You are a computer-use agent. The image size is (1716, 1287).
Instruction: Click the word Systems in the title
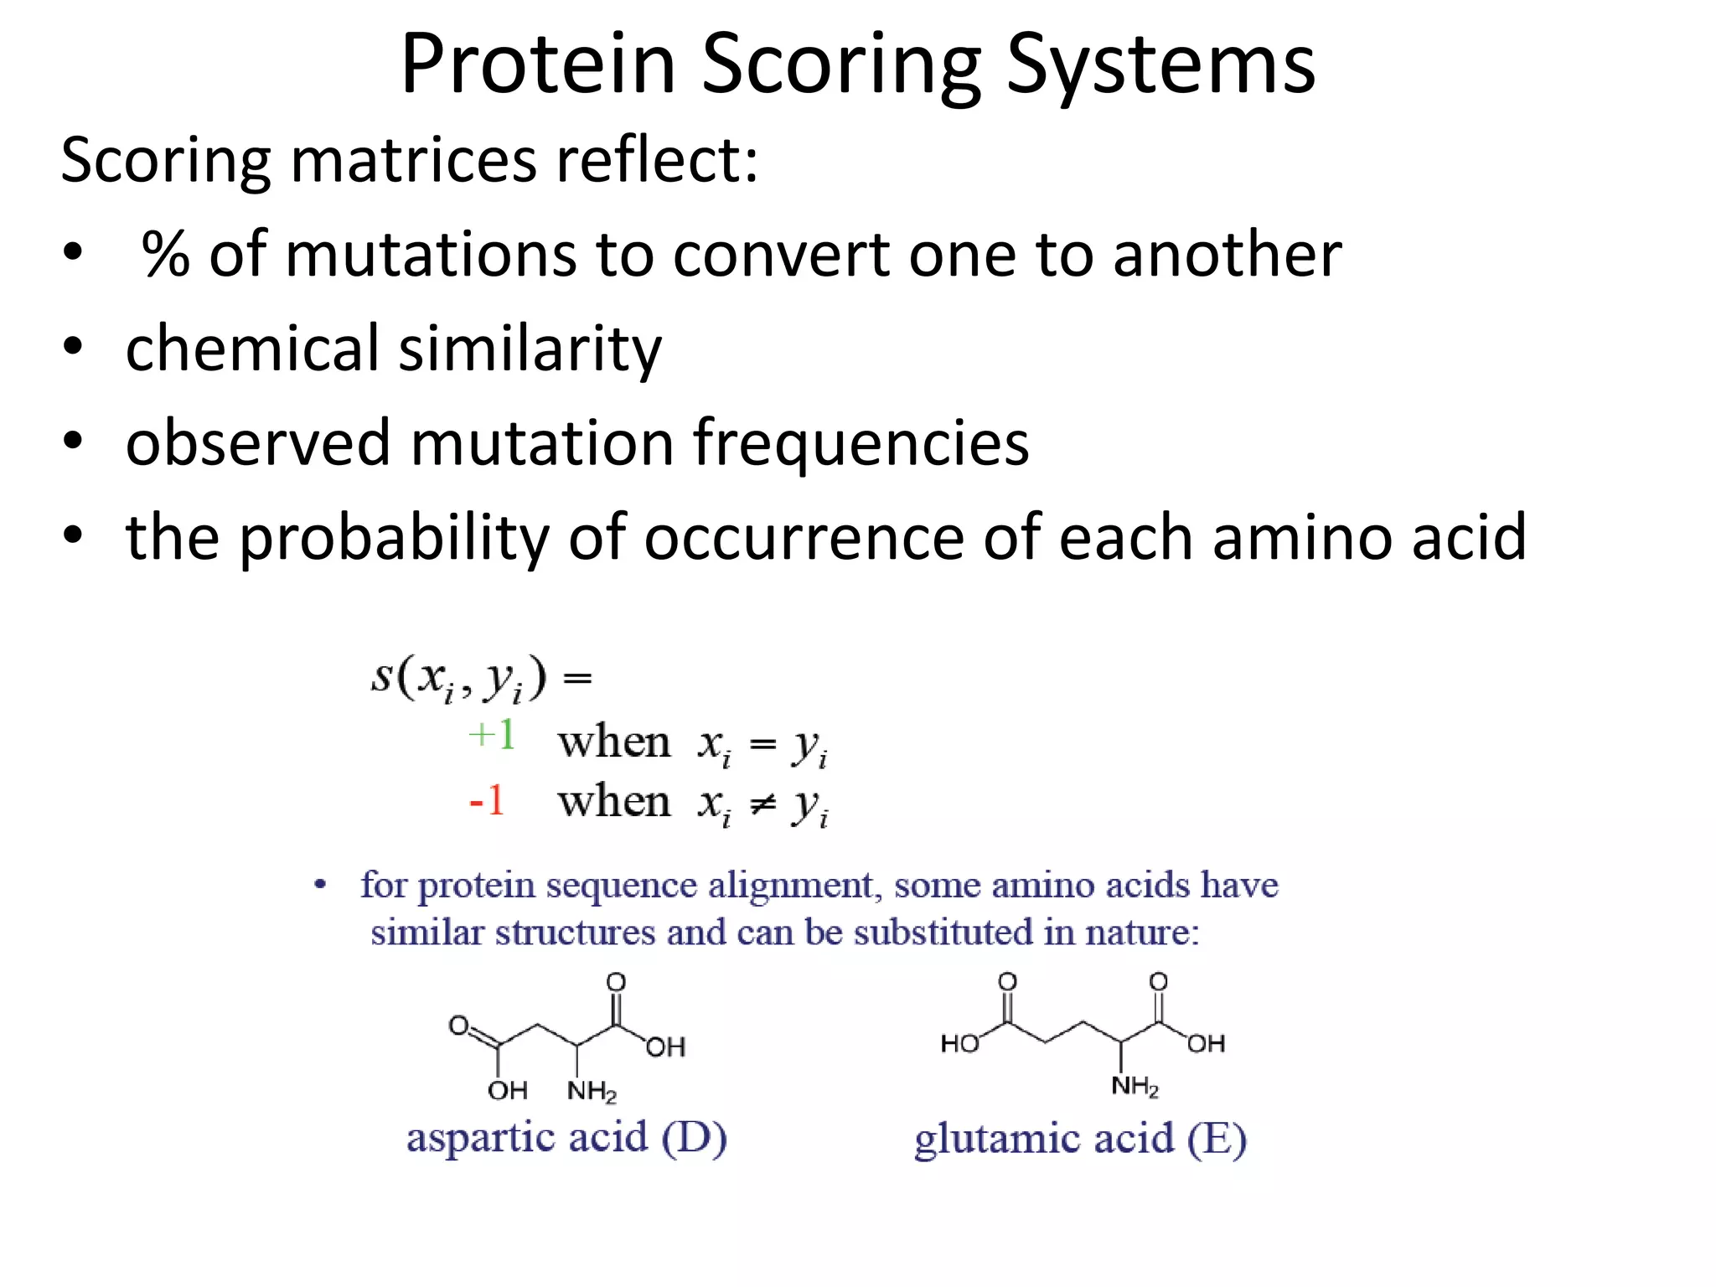coord(1160,64)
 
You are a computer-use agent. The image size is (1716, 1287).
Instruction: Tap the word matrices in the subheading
coord(413,160)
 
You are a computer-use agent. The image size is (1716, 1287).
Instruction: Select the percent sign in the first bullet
coord(165,254)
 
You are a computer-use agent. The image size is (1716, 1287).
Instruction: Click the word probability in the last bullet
coord(394,537)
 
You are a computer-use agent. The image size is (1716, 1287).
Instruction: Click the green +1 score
coord(492,735)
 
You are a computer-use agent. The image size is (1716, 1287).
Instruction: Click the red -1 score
coord(487,800)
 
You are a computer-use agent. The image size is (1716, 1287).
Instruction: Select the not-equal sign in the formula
coord(762,805)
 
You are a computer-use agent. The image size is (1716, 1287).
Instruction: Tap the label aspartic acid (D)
coord(566,1137)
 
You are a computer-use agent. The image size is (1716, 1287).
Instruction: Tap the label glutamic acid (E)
coord(1080,1139)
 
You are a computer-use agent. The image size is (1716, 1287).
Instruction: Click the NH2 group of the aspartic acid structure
coord(592,1091)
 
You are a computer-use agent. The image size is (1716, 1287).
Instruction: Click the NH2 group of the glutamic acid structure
coord(1135,1087)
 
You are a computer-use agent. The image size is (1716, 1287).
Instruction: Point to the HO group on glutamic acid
coord(959,1043)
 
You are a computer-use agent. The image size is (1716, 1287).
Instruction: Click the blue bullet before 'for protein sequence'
coord(319,886)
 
